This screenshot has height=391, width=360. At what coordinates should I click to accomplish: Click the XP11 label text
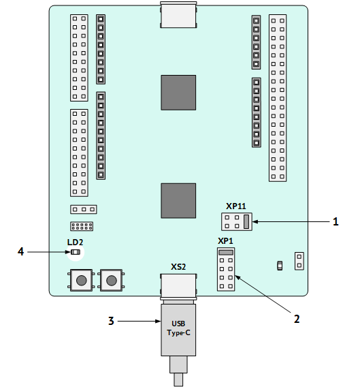tap(235, 206)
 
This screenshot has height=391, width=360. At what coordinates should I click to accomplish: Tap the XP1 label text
tap(225, 241)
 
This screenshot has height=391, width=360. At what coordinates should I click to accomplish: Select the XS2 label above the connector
tap(178, 267)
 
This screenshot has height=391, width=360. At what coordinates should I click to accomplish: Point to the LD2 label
tap(75, 242)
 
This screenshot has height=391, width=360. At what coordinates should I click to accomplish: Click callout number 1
tap(336, 221)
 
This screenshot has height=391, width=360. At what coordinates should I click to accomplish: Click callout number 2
tap(297, 319)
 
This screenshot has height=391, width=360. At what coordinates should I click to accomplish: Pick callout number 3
tap(111, 321)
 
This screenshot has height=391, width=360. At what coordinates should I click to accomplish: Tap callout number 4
tap(20, 251)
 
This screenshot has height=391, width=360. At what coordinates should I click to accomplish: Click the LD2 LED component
tap(76, 252)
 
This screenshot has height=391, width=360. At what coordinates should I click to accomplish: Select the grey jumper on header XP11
tap(246, 221)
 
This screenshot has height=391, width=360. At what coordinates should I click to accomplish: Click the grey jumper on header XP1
tap(226, 252)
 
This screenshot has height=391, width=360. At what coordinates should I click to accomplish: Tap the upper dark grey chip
tap(178, 93)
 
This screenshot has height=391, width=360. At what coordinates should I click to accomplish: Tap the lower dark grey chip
tap(178, 201)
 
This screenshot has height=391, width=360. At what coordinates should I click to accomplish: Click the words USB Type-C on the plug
tap(178, 328)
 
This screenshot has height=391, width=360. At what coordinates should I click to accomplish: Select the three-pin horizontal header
tap(84, 209)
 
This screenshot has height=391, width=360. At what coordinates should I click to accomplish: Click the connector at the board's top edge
tap(178, 14)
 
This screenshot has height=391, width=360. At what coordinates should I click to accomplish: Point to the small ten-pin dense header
tap(82, 226)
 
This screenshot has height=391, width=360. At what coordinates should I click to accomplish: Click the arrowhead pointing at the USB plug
tap(158, 322)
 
